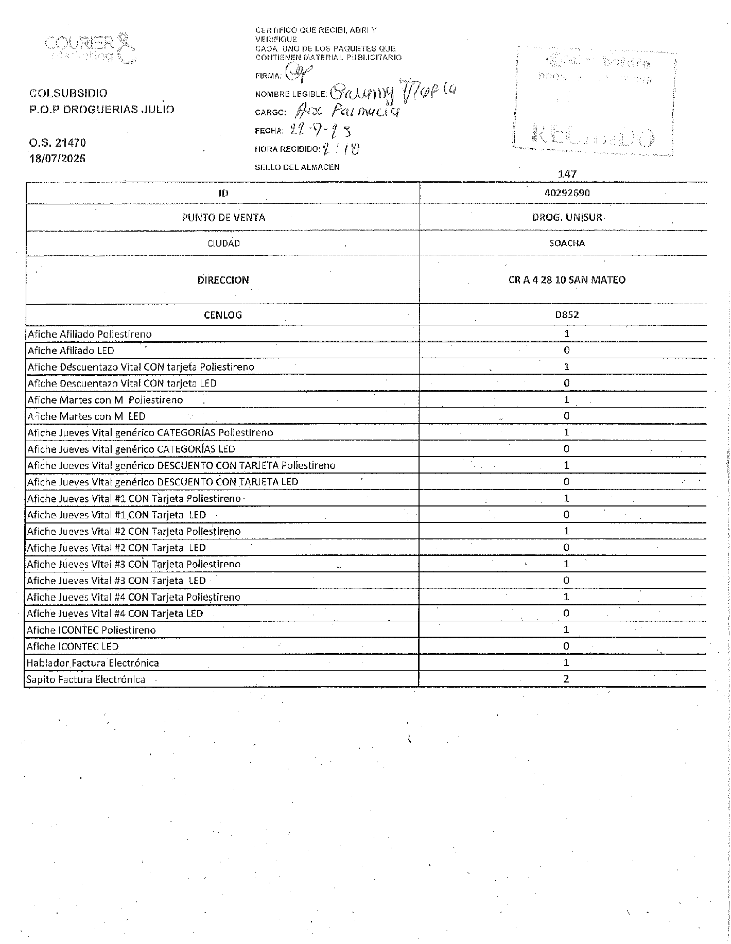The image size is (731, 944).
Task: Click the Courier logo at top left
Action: coord(91,49)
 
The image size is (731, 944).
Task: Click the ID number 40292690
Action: coord(566,193)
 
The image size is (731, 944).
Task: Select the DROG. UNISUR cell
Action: coord(566,217)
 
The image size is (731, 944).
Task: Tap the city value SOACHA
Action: coord(566,243)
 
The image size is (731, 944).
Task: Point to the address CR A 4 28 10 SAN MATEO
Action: coord(566,280)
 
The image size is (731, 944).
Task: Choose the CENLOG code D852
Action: coord(566,315)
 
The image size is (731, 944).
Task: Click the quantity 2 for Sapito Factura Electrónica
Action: coord(566,679)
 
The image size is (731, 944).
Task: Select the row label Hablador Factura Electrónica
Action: coord(93,663)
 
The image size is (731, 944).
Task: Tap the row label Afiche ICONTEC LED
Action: coord(73,646)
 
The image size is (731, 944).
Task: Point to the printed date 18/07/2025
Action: coord(57,159)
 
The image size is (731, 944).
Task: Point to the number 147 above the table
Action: coord(567,174)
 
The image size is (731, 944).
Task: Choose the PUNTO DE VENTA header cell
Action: coord(223,217)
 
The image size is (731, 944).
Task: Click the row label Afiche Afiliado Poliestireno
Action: coord(90,334)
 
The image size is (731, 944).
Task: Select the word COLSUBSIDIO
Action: coord(68,93)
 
